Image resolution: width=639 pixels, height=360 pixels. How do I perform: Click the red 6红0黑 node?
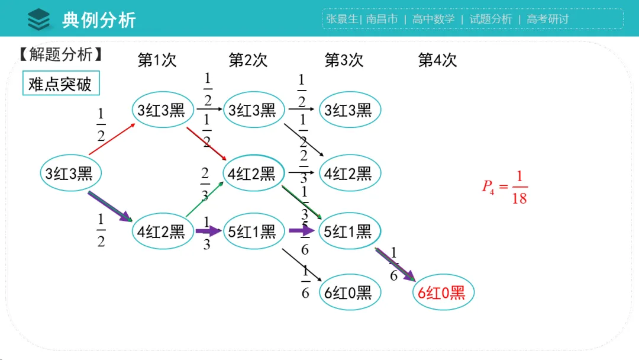point(443,292)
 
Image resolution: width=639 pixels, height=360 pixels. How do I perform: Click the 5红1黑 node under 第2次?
point(253,231)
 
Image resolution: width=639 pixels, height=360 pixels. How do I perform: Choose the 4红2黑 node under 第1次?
point(162,231)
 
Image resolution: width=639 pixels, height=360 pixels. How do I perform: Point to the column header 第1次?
point(157,60)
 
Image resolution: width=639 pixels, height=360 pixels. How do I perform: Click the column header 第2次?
point(248,60)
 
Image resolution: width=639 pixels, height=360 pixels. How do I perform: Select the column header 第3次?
point(344,60)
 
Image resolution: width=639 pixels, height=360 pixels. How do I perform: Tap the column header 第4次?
point(437,60)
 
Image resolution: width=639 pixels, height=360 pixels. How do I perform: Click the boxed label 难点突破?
point(60,84)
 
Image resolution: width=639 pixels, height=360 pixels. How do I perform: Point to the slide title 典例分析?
point(99,20)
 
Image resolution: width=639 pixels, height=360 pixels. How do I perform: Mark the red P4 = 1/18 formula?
point(505,187)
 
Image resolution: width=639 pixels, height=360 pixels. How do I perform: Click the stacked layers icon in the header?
point(39,20)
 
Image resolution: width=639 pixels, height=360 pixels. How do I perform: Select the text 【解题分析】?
point(60,55)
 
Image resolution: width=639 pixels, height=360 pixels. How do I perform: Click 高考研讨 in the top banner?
point(547,19)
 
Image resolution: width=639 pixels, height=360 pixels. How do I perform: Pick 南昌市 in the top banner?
point(382,19)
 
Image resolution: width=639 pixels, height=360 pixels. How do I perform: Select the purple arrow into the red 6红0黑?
point(395,264)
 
